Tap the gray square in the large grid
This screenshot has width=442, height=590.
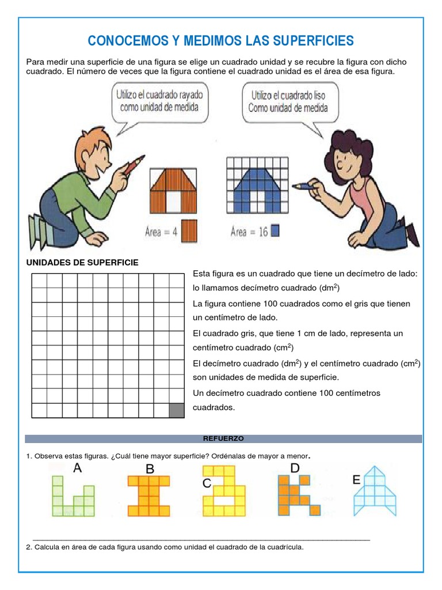(177, 410)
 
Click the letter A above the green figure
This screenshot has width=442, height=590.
(78, 468)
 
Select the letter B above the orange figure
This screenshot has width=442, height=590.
(150, 469)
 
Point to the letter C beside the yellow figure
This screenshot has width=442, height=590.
(207, 483)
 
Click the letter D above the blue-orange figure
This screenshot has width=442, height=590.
(295, 468)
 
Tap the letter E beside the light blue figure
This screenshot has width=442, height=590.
(356, 480)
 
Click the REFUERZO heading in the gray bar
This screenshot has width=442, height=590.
(223, 438)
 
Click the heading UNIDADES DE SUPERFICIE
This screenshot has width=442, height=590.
(82, 263)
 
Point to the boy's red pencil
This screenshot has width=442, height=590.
(134, 164)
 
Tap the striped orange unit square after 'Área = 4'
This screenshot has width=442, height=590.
(189, 231)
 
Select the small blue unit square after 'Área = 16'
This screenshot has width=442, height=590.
(275, 230)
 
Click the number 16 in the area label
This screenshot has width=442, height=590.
(263, 232)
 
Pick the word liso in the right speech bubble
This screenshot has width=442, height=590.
(317, 96)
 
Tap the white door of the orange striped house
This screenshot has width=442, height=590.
(173, 201)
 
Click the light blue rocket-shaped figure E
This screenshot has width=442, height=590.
(375, 491)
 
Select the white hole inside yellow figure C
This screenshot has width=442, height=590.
(224, 501)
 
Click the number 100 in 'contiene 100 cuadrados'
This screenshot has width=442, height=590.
(270, 304)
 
